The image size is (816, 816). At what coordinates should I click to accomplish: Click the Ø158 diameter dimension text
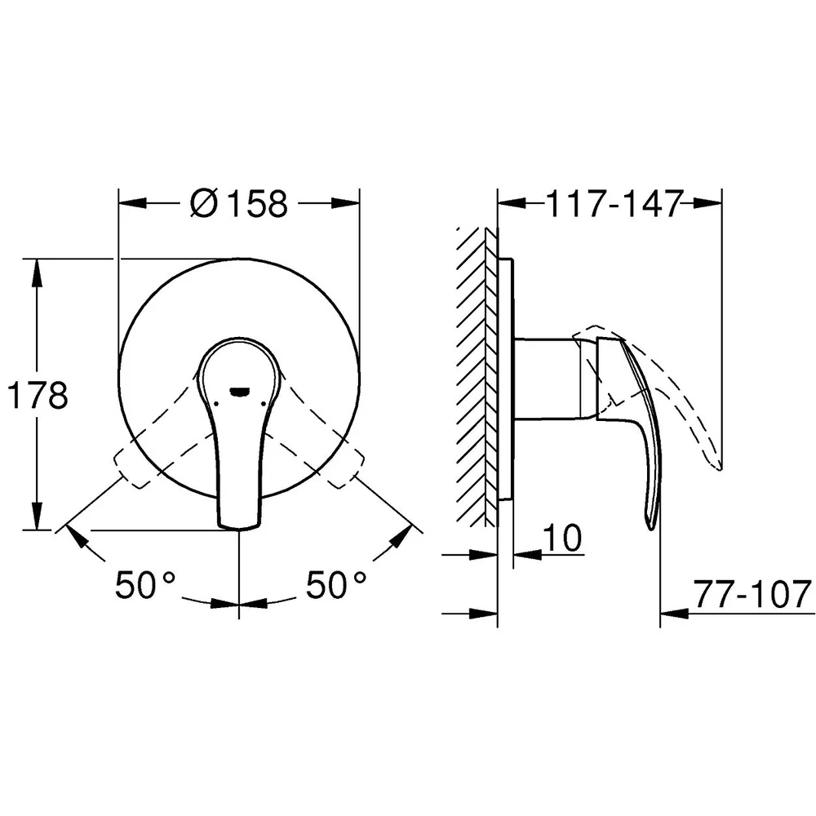click(239, 203)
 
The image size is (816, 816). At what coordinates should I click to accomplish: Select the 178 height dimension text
click(38, 395)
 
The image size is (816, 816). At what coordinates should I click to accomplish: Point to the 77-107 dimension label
click(753, 594)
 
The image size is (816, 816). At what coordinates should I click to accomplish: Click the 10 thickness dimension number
click(563, 538)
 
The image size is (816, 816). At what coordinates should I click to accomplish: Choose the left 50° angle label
click(145, 584)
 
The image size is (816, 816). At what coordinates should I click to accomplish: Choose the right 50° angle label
click(336, 584)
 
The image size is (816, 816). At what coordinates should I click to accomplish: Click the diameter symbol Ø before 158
click(204, 203)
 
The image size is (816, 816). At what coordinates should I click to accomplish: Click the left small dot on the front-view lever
click(215, 404)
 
